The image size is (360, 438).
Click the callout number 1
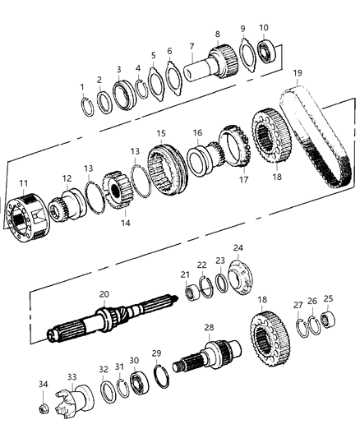click(81, 86)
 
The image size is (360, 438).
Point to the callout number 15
click(161, 133)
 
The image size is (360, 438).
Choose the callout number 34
click(42, 385)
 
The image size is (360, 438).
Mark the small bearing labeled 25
click(329, 317)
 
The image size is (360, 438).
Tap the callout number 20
click(104, 293)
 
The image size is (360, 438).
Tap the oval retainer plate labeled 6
click(173, 76)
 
